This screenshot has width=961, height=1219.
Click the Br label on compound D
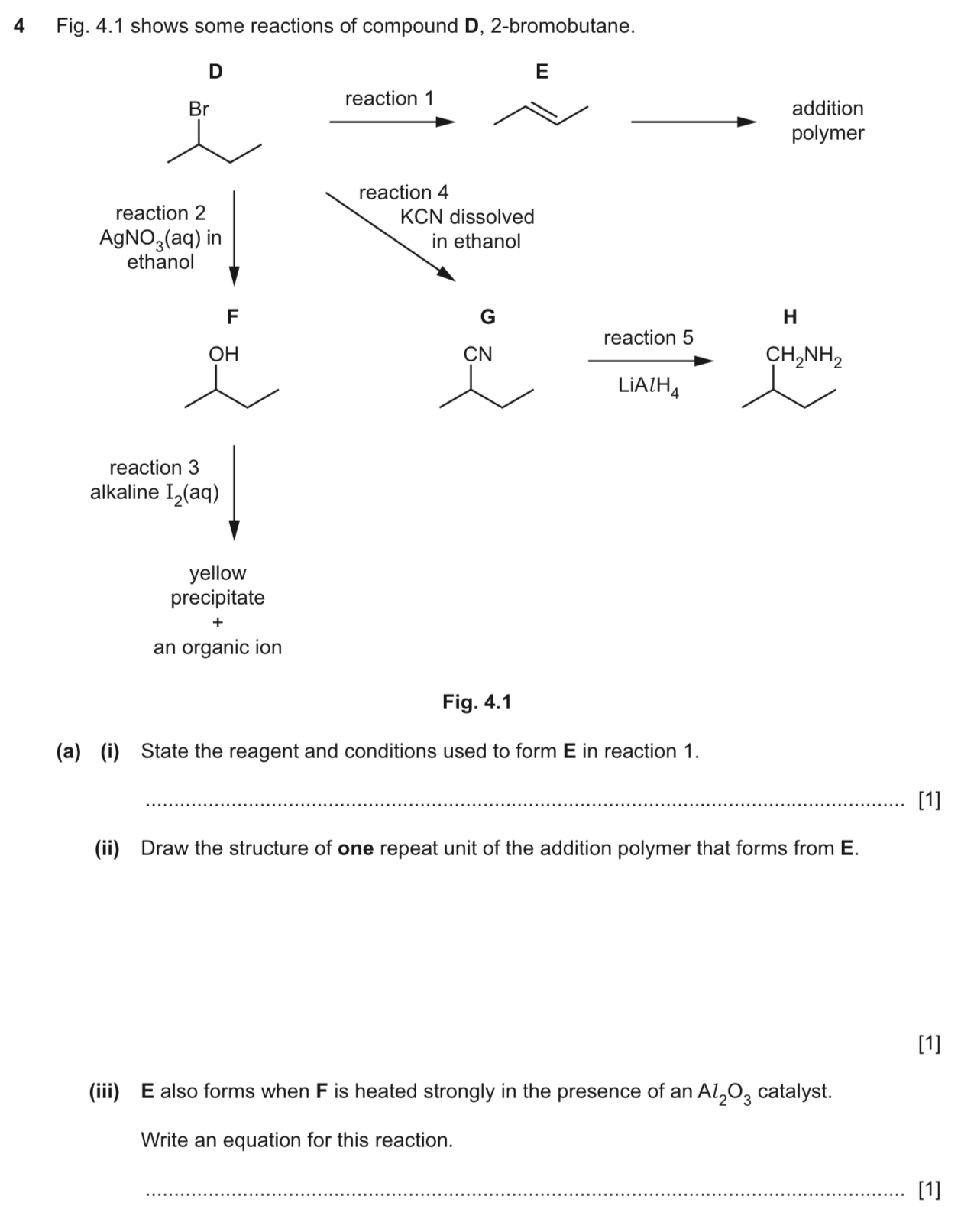tap(199, 109)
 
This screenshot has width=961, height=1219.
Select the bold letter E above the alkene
tap(542, 72)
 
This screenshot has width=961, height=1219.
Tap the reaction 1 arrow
tap(392, 122)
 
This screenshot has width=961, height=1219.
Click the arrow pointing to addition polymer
tap(693, 122)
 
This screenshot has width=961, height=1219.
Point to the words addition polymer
tap(827, 121)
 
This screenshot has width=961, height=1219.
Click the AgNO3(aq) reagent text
tap(160, 238)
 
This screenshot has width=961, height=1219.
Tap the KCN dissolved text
tap(467, 217)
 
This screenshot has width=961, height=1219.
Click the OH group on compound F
tap(224, 354)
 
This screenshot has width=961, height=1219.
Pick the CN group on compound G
tap(478, 355)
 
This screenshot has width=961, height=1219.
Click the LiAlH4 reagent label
tap(649, 386)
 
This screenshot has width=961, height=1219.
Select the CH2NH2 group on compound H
tap(804, 355)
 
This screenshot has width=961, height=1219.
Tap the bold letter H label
tap(790, 316)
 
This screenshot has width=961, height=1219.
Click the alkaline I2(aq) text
tap(154, 493)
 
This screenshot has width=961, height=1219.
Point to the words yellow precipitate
tap(218, 585)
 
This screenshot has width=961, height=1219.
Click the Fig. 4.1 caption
tap(477, 702)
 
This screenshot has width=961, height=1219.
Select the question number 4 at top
tap(20, 26)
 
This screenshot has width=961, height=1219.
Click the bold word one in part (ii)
tap(355, 849)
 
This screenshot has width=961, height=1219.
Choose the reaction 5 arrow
tap(650, 361)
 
